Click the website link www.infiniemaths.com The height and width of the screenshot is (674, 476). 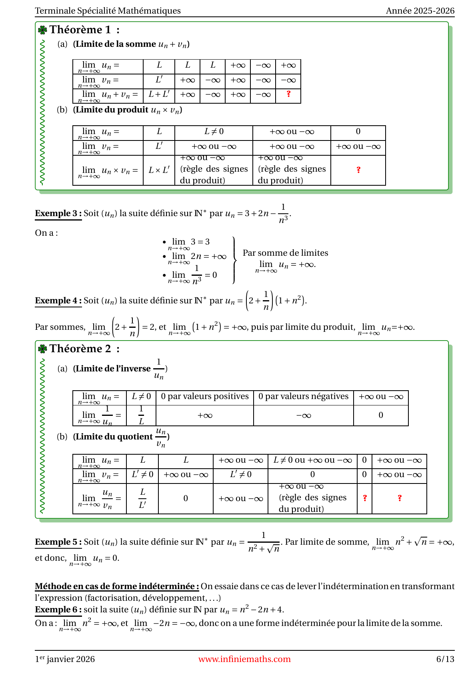click(x=244, y=659)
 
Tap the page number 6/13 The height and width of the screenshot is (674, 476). click(x=445, y=659)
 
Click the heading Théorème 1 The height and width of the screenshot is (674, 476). click(x=80, y=30)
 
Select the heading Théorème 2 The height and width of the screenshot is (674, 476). click(x=80, y=349)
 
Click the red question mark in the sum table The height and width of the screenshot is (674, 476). click(x=288, y=94)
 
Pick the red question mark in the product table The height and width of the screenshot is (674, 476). click(x=358, y=170)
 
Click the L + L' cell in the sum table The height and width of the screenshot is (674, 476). click(x=159, y=94)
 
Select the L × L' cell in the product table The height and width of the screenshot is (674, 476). click(x=159, y=170)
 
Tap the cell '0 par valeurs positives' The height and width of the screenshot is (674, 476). click(x=205, y=397)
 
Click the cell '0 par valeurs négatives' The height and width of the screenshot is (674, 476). click(x=304, y=397)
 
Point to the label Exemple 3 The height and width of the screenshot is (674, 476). click(x=58, y=213)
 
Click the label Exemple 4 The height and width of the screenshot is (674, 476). click(x=58, y=301)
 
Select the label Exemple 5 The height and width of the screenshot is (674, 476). click(x=58, y=542)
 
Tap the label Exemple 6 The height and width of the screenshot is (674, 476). click(x=58, y=610)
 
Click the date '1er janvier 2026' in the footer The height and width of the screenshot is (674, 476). click(x=65, y=659)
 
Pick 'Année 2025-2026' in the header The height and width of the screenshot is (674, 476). click(x=420, y=11)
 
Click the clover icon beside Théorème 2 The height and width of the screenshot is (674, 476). click(x=42, y=349)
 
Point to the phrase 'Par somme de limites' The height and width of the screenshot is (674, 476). click(x=285, y=253)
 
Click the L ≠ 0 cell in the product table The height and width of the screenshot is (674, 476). click(x=214, y=132)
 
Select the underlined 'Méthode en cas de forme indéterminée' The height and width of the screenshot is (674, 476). click(x=117, y=586)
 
